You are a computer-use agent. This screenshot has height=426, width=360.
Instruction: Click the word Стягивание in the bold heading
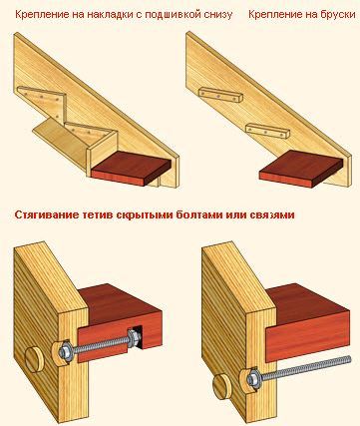(x=46, y=214)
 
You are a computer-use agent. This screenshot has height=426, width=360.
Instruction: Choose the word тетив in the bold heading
(x=97, y=214)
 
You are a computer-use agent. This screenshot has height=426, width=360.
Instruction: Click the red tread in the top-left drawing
(x=132, y=169)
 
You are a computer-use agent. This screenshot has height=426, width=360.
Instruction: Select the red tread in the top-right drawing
(x=301, y=169)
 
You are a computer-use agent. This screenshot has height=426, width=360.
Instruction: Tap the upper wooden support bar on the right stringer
(x=220, y=95)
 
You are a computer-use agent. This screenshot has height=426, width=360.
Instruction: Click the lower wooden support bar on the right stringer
(x=267, y=132)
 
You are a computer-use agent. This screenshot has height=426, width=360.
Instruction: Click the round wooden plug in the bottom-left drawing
(x=33, y=360)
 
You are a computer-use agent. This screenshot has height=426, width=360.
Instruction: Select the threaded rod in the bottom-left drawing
(x=99, y=345)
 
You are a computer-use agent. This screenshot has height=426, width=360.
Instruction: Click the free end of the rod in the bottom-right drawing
(x=349, y=358)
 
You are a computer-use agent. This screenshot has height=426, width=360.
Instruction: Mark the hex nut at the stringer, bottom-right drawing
(x=251, y=378)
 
